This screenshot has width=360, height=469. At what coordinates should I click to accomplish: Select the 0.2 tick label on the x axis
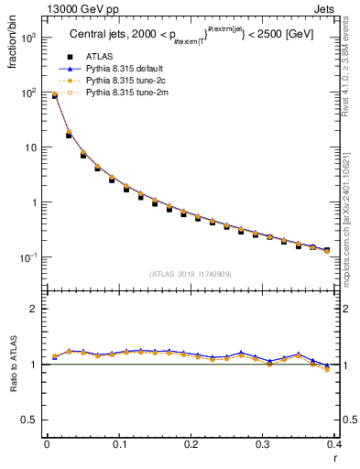point(191,446)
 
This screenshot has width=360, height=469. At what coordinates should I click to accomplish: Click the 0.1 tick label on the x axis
point(119,446)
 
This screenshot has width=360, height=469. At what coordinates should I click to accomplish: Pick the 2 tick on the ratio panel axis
point(35,309)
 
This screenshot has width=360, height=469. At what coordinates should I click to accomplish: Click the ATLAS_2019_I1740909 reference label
point(191,274)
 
